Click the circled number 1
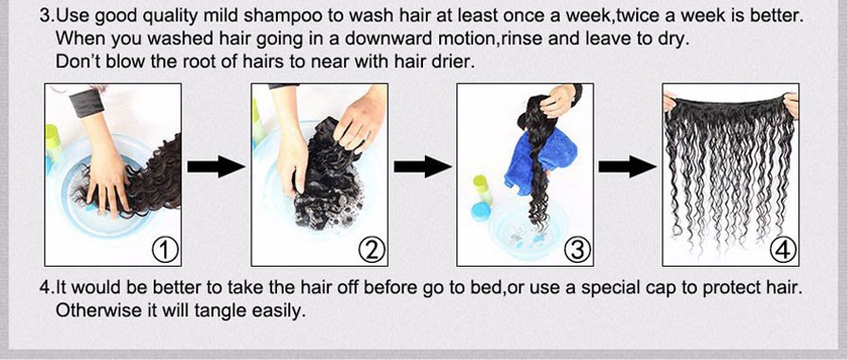click(x=166, y=251)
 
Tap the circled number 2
click(x=372, y=251)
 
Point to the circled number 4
click(x=783, y=251)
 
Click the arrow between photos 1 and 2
click(x=216, y=167)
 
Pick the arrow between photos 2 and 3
click(x=422, y=167)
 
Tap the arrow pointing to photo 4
click(x=627, y=167)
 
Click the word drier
click(x=455, y=61)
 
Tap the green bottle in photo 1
click(x=53, y=142)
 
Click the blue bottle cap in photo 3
click(x=481, y=211)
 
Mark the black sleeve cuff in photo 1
click(x=87, y=102)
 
